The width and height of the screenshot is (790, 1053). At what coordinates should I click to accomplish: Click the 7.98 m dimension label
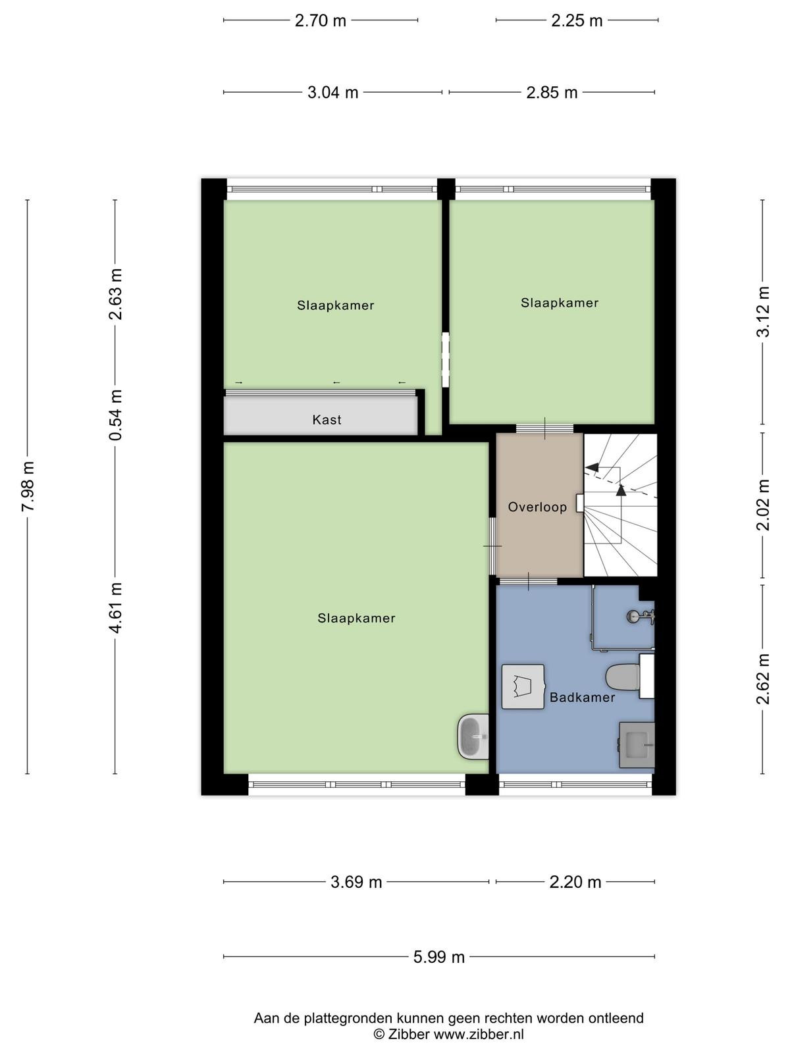click(x=28, y=486)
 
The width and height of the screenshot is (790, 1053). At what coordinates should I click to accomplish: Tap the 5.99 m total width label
click(x=439, y=957)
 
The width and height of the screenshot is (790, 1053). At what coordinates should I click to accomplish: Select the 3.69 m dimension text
click(x=356, y=882)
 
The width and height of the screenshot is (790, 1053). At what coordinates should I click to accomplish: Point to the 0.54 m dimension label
click(x=116, y=415)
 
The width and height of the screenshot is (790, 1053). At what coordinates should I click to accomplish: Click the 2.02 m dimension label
click(x=762, y=505)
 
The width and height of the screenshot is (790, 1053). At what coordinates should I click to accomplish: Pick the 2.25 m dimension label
click(x=577, y=20)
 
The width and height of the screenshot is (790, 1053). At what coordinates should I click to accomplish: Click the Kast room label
click(x=327, y=420)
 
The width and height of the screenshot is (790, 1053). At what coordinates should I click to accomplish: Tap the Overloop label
click(x=537, y=507)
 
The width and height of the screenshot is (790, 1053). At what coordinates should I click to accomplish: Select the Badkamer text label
click(x=583, y=698)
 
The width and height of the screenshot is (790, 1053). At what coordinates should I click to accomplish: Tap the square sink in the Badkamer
click(x=637, y=745)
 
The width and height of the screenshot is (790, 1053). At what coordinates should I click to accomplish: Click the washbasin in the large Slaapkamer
click(x=473, y=736)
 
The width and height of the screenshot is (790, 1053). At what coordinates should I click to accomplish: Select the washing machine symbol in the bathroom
click(x=523, y=686)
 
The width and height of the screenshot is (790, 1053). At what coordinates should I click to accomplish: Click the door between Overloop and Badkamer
click(x=527, y=581)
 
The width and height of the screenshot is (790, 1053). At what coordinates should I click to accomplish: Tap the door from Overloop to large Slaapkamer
click(x=492, y=546)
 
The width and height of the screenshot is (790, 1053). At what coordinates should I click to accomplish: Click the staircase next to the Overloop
click(x=620, y=505)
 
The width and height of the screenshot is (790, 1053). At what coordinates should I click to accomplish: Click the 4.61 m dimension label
click(x=116, y=608)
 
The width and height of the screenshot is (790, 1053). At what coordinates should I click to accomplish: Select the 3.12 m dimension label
click(x=762, y=312)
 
